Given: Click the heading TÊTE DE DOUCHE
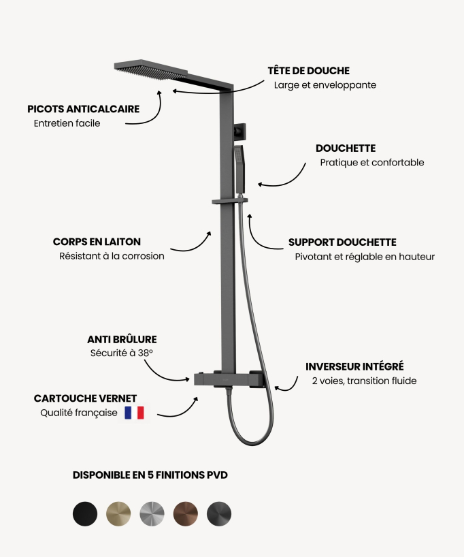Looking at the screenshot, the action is (x=308, y=70).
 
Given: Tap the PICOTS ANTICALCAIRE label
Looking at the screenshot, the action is (x=84, y=109).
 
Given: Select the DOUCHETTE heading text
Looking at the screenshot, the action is (x=346, y=148).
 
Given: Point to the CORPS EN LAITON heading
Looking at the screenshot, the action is (x=97, y=242).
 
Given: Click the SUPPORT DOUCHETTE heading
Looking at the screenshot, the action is (x=342, y=242).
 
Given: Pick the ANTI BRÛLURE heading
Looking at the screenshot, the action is (x=122, y=339).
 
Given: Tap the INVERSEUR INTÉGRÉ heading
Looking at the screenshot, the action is (x=354, y=366).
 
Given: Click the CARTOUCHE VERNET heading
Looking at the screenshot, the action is (x=85, y=398).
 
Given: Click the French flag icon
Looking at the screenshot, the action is (x=134, y=413).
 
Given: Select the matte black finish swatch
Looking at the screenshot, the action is (x=85, y=513).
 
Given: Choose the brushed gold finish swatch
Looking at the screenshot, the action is (x=118, y=513).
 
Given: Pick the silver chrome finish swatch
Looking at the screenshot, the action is (x=152, y=513).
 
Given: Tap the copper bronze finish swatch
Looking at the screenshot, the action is (x=186, y=513).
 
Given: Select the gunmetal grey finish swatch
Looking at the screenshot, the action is (x=219, y=513).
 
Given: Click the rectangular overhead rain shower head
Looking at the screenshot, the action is (x=151, y=69).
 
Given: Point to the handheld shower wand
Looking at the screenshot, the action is (x=239, y=170).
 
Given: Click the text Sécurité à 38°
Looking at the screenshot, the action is (x=121, y=353).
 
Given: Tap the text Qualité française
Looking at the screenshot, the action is (x=78, y=413).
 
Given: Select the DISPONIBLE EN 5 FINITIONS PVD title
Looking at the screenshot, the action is (x=150, y=475).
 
